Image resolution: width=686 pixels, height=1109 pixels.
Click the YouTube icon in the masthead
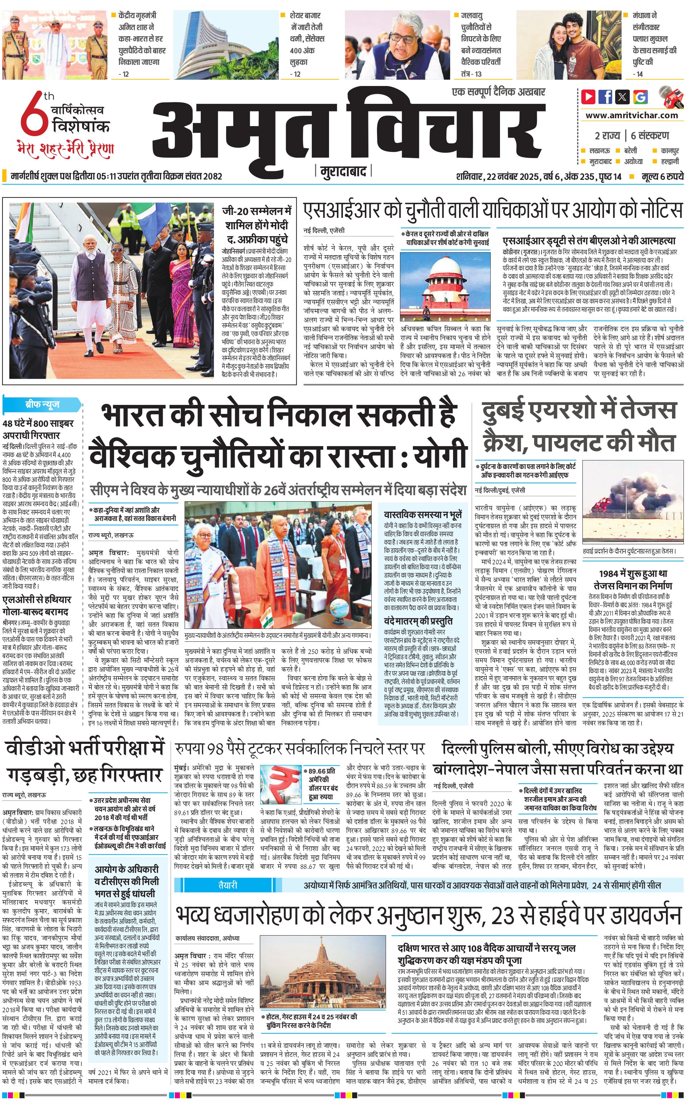589,97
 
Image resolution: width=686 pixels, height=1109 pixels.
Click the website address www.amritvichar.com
632,115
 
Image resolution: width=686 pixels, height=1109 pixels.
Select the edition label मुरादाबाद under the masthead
343,172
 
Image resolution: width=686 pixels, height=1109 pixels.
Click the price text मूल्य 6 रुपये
662,176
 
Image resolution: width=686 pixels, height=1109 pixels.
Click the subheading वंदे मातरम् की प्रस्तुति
418,621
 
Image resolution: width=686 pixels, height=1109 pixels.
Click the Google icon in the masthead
640,97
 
